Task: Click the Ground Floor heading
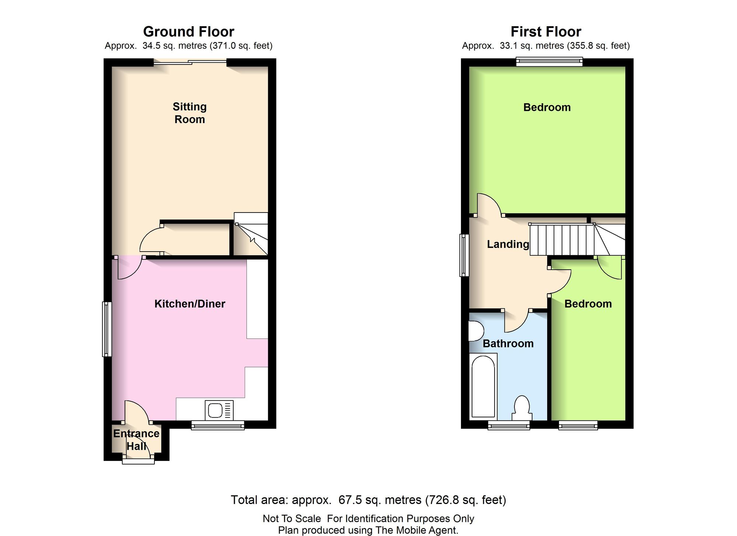click(189, 32)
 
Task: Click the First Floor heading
click(546, 32)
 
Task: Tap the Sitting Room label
click(190, 113)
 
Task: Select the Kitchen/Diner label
click(190, 304)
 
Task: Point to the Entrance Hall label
click(136, 440)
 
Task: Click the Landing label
click(508, 244)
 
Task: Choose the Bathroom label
click(508, 343)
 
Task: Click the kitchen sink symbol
click(219, 410)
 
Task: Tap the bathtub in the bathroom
click(483, 387)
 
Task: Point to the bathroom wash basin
click(476, 331)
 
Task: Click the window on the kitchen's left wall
click(107, 329)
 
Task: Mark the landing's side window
click(464, 255)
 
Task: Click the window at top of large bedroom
click(549, 62)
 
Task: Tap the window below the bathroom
click(509, 425)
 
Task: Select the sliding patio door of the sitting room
click(190, 62)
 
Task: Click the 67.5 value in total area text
click(350, 500)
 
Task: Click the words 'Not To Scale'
click(292, 519)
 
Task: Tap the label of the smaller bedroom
click(588, 304)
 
